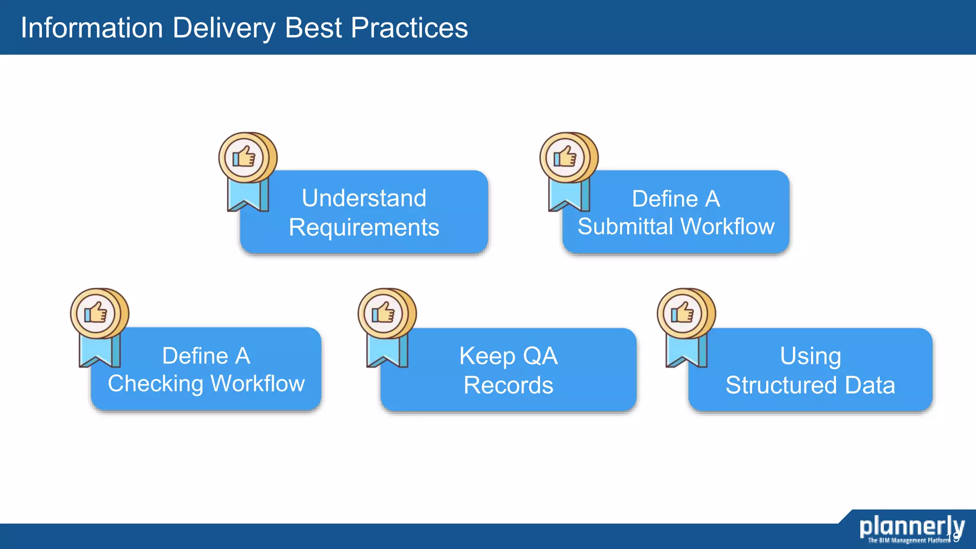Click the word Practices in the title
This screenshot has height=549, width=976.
click(x=409, y=28)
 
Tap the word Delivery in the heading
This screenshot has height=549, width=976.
click(x=224, y=28)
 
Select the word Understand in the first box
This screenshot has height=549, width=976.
click(x=364, y=198)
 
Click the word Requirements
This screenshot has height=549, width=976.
click(x=364, y=227)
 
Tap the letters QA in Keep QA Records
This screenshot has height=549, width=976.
click(x=540, y=356)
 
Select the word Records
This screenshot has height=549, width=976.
click(x=508, y=385)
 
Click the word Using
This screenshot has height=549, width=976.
click(x=810, y=356)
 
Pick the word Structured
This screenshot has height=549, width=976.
click(x=781, y=385)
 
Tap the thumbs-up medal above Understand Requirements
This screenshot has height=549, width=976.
click(x=246, y=158)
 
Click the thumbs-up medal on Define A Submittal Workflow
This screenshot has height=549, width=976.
click(x=568, y=158)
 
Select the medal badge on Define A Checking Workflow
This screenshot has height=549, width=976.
click(x=98, y=314)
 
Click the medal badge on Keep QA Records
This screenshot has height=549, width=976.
click(x=386, y=314)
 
